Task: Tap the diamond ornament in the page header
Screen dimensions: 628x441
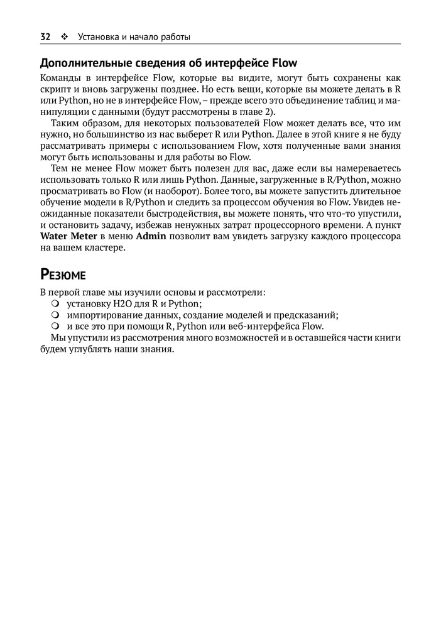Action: tap(64, 36)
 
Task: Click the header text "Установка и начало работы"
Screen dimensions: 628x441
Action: tap(134, 36)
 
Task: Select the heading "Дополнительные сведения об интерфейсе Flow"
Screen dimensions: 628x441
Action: tap(168, 63)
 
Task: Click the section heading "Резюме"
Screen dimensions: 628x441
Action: tap(63, 274)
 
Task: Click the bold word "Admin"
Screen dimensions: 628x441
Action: tap(151, 237)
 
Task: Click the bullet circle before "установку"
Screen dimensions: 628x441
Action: tap(55, 304)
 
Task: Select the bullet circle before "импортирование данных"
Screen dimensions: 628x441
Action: tap(55, 315)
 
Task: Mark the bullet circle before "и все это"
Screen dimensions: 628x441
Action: tap(55, 327)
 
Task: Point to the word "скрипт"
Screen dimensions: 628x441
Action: tap(55, 89)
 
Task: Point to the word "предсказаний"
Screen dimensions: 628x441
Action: tap(308, 315)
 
